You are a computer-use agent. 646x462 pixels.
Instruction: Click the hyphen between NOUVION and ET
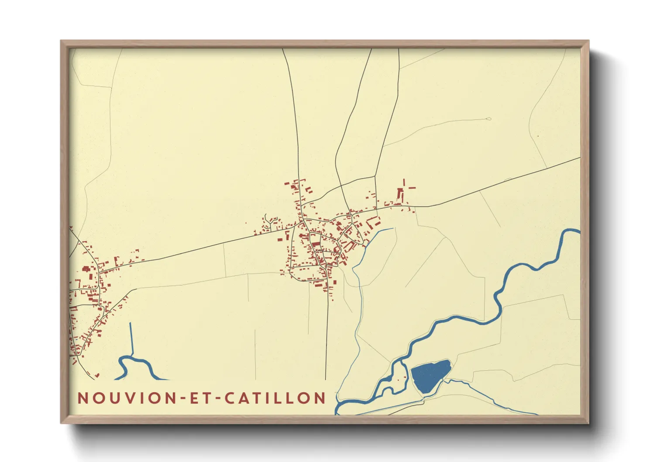pyautogui.click(x=180, y=399)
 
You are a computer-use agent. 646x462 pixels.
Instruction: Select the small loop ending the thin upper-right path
pyautogui.click(x=488, y=118)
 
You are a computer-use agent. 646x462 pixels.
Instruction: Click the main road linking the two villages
pyautogui.click(x=196, y=249)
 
